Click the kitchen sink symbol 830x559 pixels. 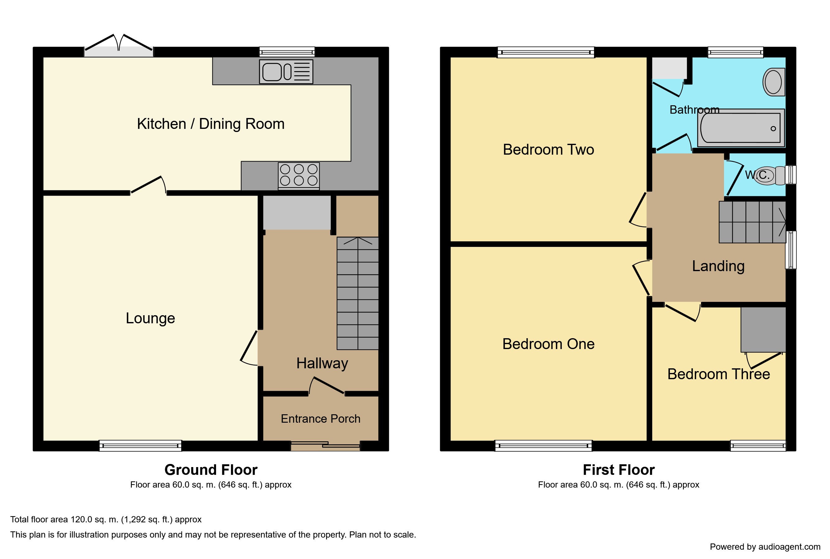tap(286, 72)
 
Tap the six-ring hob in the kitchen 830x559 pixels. tap(299, 175)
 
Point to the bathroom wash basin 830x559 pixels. tap(774, 82)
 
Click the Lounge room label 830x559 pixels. tap(150, 318)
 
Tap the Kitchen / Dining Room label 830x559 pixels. tap(210, 124)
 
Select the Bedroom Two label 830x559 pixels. tap(548, 149)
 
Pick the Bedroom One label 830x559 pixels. tap(548, 344)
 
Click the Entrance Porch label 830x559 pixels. tap(320, 419)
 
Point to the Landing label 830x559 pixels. tap(718, 266)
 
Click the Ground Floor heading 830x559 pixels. tap(211, 470)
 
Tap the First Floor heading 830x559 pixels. tap(619, 470)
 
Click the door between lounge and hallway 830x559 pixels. tap(249, 348)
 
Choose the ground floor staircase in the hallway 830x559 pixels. tap(357, 293)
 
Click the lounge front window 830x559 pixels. tap(140, 446)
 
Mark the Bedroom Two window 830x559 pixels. tap(546, 52)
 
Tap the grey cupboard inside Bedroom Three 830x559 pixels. tap(763, 330)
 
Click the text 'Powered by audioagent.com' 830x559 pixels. tap(765, 547)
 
